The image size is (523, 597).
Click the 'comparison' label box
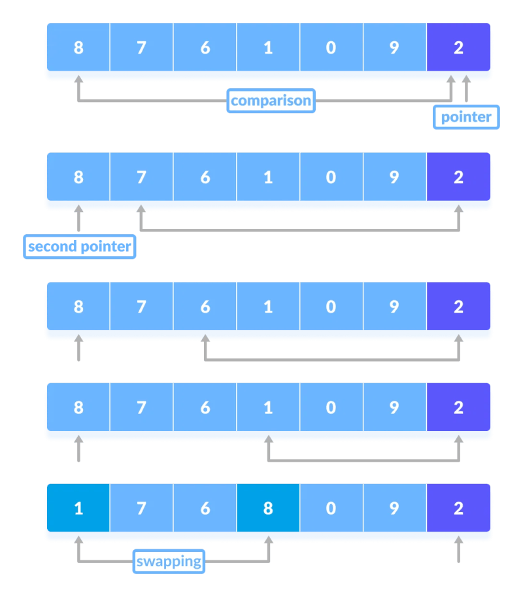[x=271, y=101]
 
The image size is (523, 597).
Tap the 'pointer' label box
[x=466, y=117]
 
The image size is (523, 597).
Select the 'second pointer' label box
[x=80, y=247]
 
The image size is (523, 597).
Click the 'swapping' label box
[x=169, y=561]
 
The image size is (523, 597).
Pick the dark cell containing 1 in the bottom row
[x=78, y=507]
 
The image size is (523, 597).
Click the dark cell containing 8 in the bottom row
[x=268, y=507]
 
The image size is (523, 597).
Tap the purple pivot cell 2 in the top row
[x=458, y=47]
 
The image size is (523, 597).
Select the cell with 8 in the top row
[x=78, y=47]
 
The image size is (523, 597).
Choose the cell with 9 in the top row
[x=395, y=47]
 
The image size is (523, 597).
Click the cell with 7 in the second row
[x=142, y=177]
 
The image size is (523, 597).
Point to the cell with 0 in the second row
[x=331, y=177]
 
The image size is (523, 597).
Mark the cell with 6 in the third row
[x=205, y=306]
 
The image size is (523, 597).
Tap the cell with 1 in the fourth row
[x=268, y=407]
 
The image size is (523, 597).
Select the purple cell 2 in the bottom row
[x=458, y=507]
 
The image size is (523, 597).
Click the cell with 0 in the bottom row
[x=331, y=507]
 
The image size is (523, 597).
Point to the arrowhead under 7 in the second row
[x=141, y=209]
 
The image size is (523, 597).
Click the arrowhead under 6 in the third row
[x=205, y=338]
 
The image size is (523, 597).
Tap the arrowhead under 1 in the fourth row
[x=269, y=439]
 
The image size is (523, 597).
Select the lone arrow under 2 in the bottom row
[x=459, y=549]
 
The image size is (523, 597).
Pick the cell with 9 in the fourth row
[x=395, y=407]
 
